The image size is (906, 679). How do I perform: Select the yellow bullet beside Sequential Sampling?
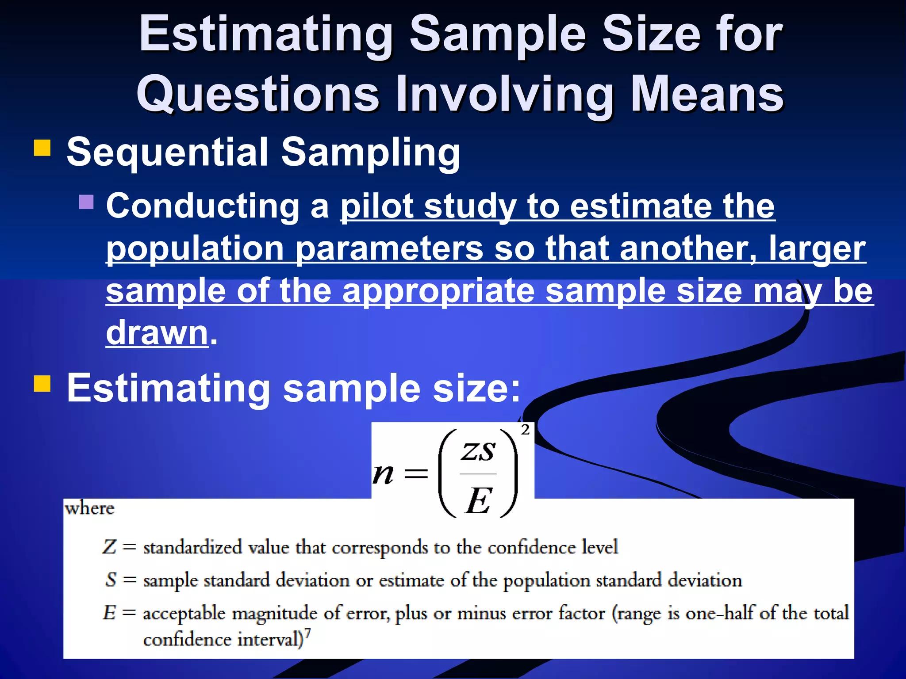coord(42,148)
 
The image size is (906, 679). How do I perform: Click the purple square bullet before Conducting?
coord(86,202)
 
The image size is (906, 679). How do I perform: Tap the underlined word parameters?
coord(389,249)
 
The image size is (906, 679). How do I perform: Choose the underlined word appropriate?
coord(438,292)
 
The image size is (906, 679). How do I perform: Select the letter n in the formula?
coord(383,474)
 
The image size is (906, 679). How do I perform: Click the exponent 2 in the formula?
coord(525,429)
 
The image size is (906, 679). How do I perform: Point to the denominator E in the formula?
coord(478,501)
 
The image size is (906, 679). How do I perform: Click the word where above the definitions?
coord(89,509)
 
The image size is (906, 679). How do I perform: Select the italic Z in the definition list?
coord(109,547)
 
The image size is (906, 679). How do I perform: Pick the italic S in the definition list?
coord(111,580)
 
